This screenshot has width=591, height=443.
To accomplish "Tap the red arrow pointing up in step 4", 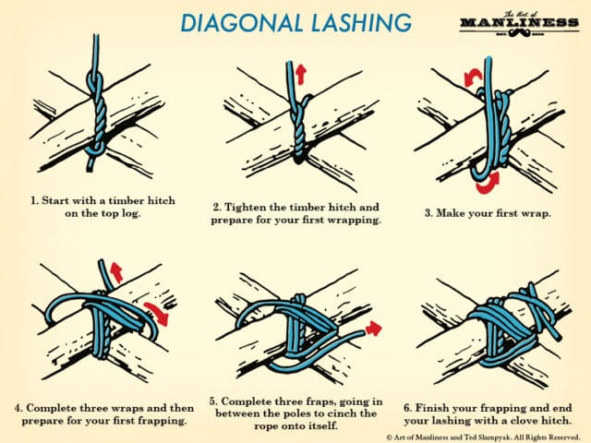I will coord(116,270).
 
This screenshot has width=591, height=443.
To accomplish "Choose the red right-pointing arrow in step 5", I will coord(373,327).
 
